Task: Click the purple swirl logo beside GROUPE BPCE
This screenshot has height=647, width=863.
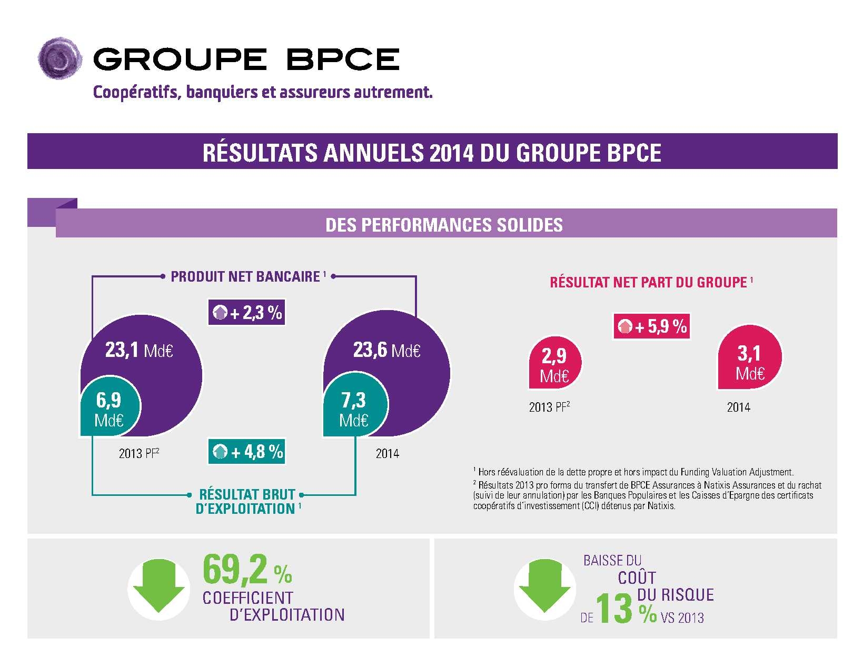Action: [59, 58]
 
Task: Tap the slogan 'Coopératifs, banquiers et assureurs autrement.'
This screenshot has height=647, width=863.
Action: [262, 92]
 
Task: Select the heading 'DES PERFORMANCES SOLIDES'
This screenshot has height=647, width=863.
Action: [444, 225]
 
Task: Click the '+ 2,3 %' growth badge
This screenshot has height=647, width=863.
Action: [247, 313]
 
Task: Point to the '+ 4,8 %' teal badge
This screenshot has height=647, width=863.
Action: [247, 452]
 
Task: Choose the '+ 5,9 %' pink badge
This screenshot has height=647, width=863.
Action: [652, 326]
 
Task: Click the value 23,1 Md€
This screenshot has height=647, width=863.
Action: [139, 350]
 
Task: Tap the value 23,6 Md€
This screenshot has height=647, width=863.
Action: [386, 350]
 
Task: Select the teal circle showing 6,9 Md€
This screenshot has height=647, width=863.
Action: [110, 409]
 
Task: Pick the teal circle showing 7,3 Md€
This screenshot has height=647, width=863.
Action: [354, 409]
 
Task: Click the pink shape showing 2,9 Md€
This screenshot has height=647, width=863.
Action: [554, 364]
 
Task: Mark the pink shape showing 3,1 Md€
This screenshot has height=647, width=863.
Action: [750, 361]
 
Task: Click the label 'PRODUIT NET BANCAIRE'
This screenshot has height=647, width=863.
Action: [245, 277]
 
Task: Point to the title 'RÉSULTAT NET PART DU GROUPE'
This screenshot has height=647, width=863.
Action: [648, 283]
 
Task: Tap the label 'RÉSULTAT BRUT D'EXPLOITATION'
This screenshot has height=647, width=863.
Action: [246, 502]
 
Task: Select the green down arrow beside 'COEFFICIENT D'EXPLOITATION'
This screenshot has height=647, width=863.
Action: [158, 589]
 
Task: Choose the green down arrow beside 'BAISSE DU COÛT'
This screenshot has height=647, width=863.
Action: [544, 589]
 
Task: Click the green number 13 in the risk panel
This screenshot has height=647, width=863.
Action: [614, 609]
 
